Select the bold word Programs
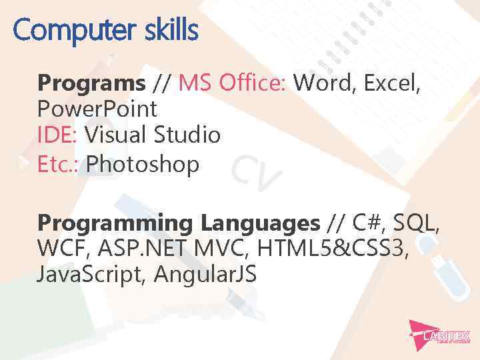(x=91, y=83)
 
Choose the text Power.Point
(x=97, y=109)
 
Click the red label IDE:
(x=58, y=136)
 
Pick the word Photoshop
(x=143, y=163)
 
